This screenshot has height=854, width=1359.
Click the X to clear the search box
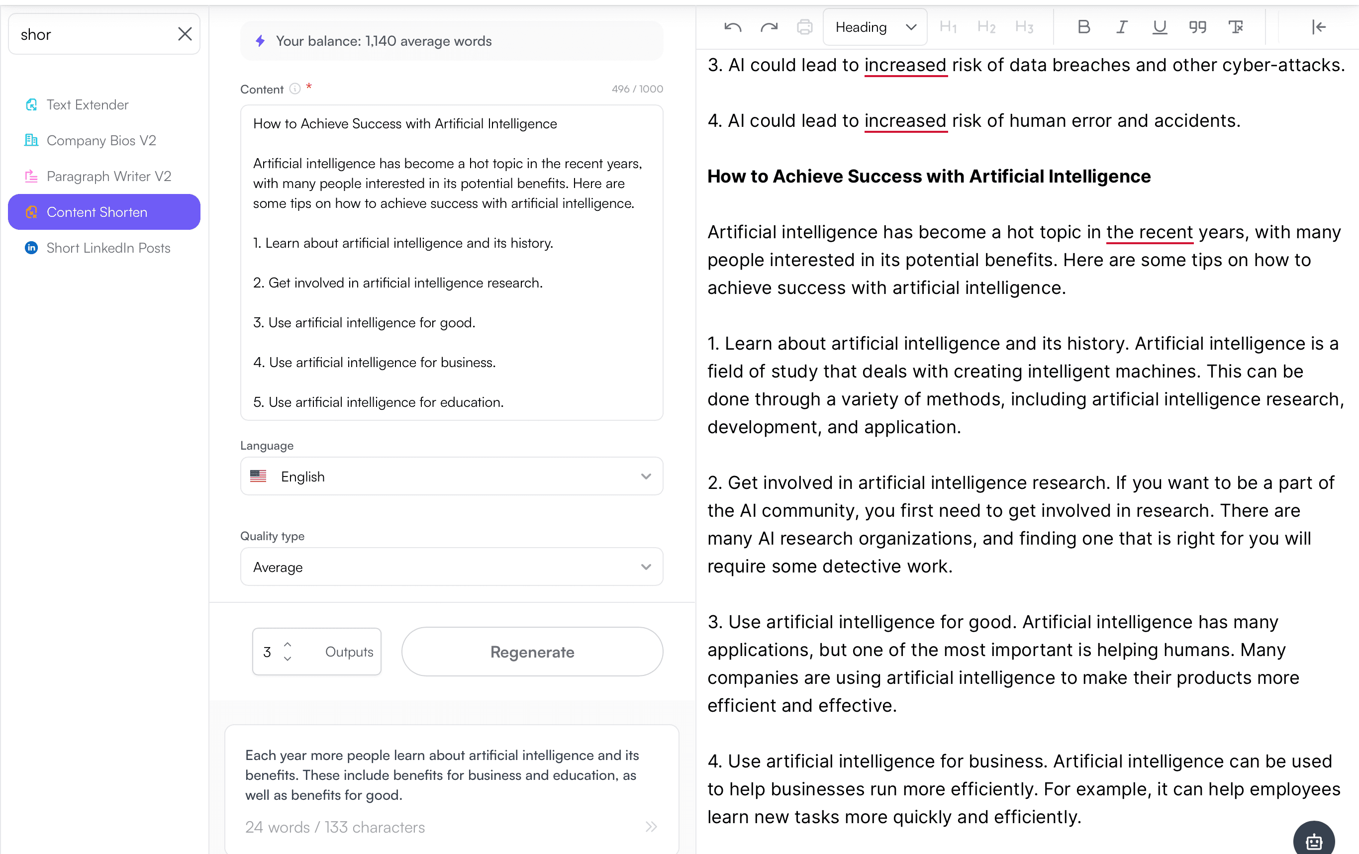point(185,34)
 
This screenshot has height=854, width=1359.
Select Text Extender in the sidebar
point(87,105)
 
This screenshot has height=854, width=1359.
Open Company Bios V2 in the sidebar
point(101,141)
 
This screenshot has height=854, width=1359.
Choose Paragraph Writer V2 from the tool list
point(108,177)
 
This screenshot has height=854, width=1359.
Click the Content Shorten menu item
point(104,212)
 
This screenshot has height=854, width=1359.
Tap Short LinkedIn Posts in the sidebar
point(108,248)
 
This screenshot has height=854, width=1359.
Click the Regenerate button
point(532,652)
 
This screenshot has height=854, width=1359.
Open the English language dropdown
point(452,477)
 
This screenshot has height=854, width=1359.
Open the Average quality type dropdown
point(452,568)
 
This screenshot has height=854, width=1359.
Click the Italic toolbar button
point(1121,27)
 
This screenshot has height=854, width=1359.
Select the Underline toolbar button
point(1159,27)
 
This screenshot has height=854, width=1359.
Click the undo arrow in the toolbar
point(733,27)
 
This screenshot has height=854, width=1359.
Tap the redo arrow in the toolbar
point(769,27)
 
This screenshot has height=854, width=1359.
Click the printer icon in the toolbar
point(804,27)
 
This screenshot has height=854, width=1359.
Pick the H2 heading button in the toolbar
point(986,27)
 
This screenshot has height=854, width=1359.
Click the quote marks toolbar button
point(1197,27)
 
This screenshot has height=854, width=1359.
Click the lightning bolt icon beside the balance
point(260,41)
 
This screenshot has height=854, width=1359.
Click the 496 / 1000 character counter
point(637,89)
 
